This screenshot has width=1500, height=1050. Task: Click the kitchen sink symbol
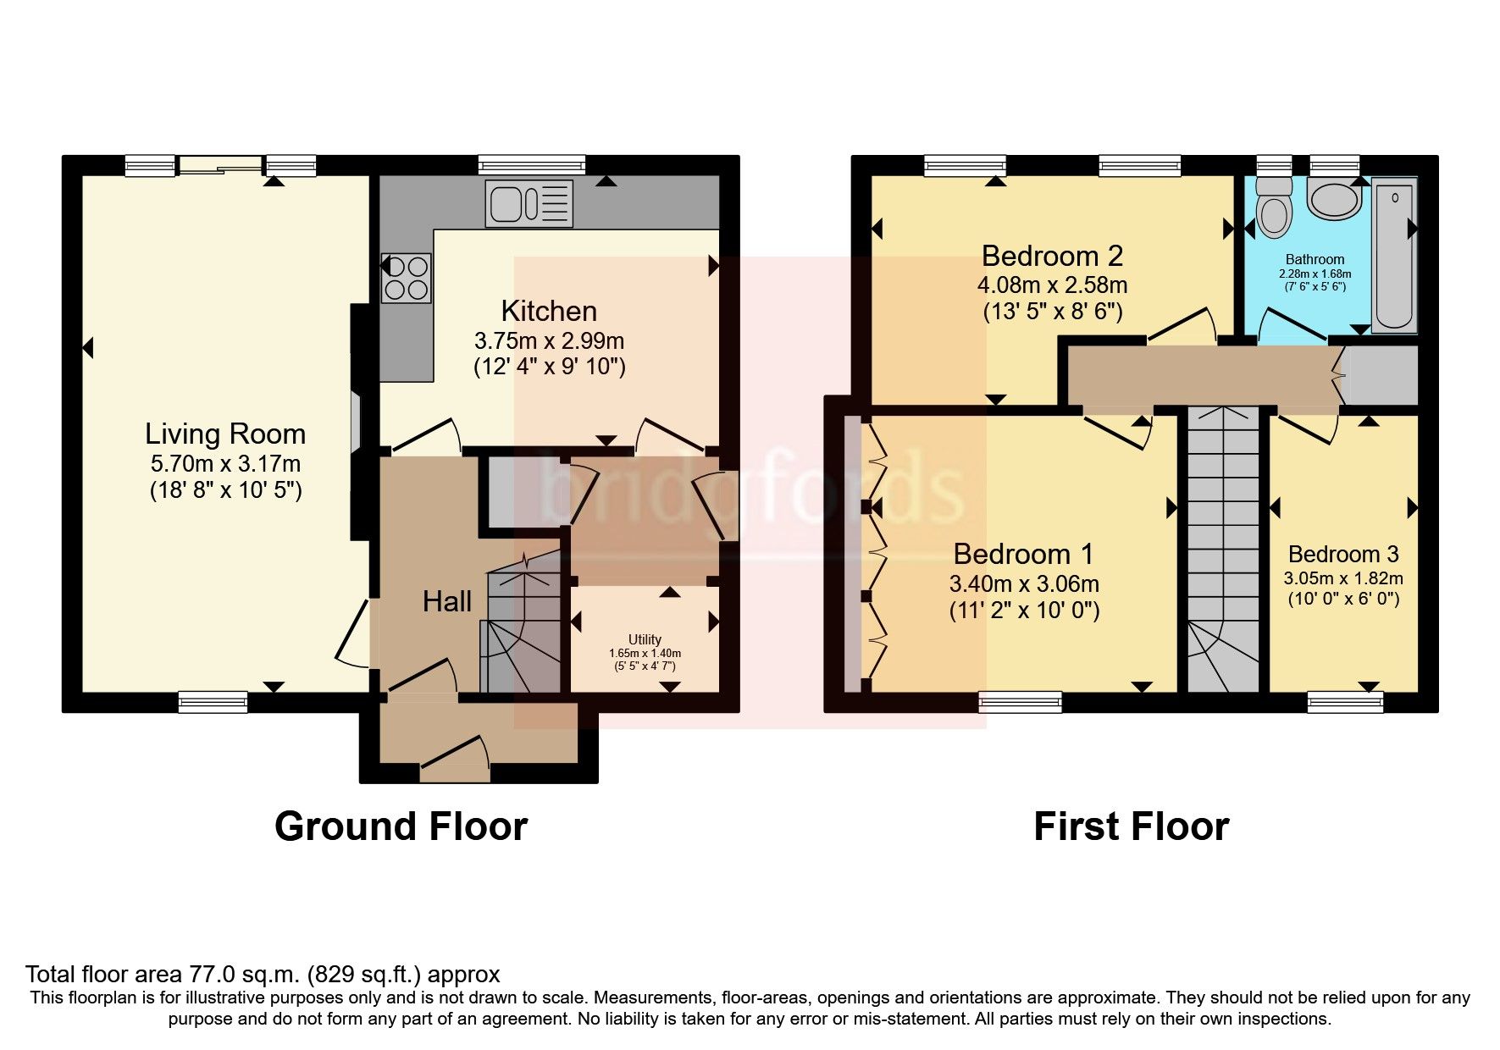click(529, 203)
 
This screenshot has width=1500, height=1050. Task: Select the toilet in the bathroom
click(1273, 208)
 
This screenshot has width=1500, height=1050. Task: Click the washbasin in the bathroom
click(1333, 198)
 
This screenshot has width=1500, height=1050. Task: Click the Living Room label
click(224, 434)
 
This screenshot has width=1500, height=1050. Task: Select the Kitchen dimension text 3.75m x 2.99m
click(549, 341)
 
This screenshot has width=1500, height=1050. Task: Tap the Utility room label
click(645, 639)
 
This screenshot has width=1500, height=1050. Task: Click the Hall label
click(446, 602)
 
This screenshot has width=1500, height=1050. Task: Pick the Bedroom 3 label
click(1342, 555)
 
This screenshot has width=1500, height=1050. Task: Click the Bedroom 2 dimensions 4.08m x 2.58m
click(1052, 285)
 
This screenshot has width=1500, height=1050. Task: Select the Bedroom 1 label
click(1023, 555)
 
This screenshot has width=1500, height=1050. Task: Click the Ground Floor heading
click(401, 826)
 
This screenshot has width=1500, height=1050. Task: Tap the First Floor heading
click(1131, 826)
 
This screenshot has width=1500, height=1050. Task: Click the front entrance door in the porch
click(456, 760)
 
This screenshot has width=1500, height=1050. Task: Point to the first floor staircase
click(1223, 550)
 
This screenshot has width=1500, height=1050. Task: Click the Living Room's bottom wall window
click(213, 701)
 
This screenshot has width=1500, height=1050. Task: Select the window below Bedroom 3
click(1345, 701)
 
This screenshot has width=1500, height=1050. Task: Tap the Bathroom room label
click(1315, 259)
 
